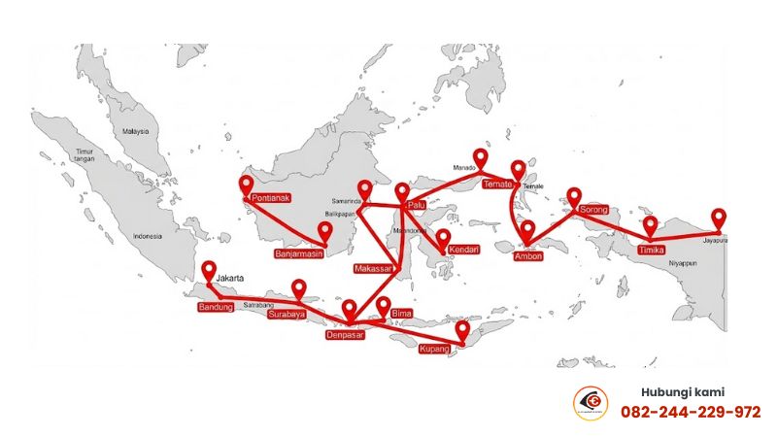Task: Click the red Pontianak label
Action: (271, 198)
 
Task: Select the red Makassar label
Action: (374, 268)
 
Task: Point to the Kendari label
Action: (464, 251)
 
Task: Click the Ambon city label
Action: (527, 256)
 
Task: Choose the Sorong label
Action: (594, 210)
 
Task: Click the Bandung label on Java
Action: (216, 308)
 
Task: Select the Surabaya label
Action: (287, 314)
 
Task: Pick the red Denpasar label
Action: (345, 335)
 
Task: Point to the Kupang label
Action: (434, 348)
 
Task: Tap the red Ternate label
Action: (496, 184)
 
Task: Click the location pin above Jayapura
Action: (719, 218)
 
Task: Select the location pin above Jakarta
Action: (207, 271)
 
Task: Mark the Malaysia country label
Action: (136, 131)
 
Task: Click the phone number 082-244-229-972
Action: (691, 412)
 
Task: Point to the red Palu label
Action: (417, 204)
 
